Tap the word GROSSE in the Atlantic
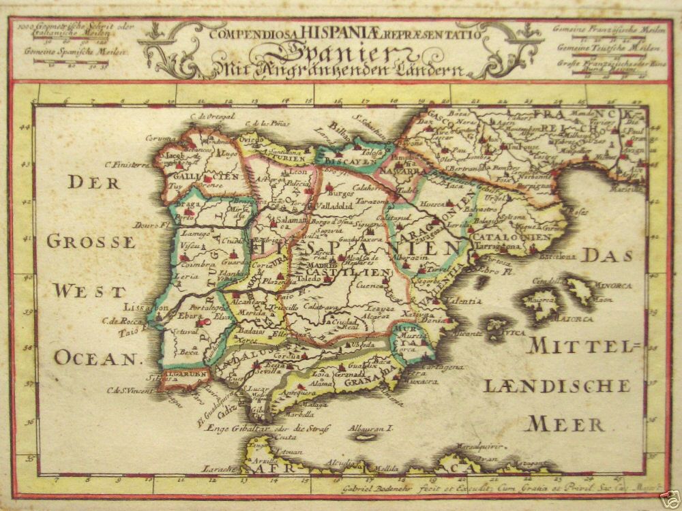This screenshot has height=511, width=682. tap(89, 241)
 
